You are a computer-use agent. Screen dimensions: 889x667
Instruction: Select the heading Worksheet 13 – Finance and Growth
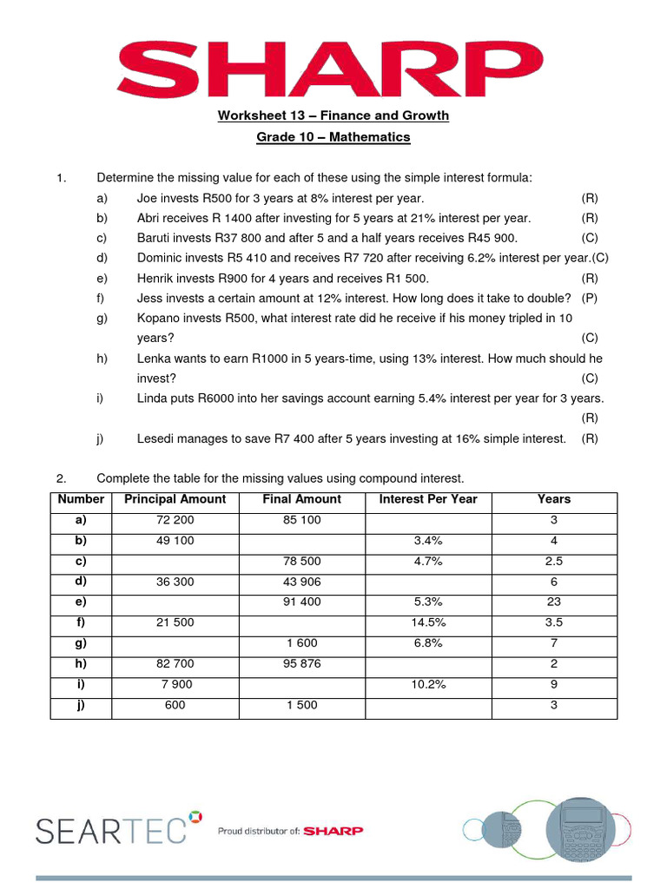pyautogui.click(x=333, y=115)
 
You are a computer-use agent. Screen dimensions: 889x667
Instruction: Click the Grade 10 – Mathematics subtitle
pyautogui.click(x=333, y=137)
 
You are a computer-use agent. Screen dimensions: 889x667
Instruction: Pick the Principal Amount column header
pyautogui.click(x=175, y=499)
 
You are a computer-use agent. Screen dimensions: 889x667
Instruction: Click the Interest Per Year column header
pyautogui.click(x=428, y=499)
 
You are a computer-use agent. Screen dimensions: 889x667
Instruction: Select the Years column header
pyautogui.click(x=553, y=499)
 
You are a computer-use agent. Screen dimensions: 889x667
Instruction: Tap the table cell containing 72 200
pyautogui.click(x=175, y=520)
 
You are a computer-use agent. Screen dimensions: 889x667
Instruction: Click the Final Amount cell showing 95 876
pyautogui.click(x=301, y=663)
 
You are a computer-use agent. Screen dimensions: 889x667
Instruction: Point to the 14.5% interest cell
pyautogui.click(x=428, y=622)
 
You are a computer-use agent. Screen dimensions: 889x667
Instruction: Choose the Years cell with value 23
pyautogui.click(x=553, y=602)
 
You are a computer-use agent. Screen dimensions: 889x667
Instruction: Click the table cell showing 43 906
pyautogui.click(x=301, y=582)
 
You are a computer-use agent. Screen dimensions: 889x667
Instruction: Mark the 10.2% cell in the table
pyautogui.click(x=428, y=684)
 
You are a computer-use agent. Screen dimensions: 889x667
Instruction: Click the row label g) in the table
pyautogui.click(x=81, y=643)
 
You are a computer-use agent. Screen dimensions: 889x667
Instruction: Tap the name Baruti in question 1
pyautogui.click(x=155, y=238)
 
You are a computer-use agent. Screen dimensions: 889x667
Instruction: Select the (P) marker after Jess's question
pyautogui.click(x=590, y=298)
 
